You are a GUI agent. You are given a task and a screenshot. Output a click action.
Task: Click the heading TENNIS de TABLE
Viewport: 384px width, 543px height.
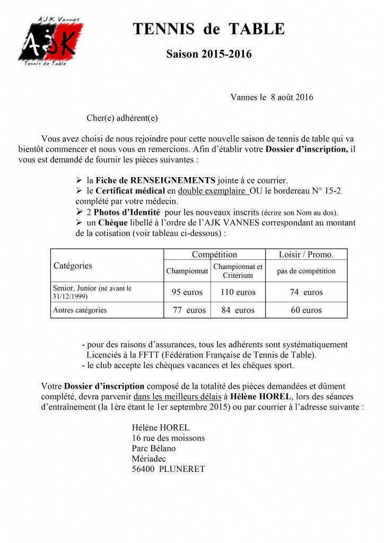pos(208,30)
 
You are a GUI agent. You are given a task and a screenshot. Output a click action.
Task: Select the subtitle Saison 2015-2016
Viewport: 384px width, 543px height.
pos(208,54)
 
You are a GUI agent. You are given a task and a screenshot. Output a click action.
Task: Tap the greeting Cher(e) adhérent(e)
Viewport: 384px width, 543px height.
pos(122,118)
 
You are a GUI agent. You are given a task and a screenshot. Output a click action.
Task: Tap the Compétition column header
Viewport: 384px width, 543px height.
pos(215,255)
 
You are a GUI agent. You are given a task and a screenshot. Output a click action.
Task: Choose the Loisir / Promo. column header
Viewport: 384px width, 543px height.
pos(306,255)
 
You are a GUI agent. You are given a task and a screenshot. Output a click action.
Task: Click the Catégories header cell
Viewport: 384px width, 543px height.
pos(73,265)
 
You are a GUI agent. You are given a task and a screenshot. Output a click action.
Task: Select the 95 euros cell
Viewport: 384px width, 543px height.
pos(187,292)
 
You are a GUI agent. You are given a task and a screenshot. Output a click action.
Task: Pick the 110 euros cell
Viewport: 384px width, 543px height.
pos(237,292)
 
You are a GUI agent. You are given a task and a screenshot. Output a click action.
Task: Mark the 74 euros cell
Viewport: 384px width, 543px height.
pos(306,292)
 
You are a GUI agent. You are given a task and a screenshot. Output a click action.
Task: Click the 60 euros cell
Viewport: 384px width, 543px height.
pos(306,310)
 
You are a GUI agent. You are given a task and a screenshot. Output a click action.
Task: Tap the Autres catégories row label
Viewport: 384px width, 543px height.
pos(80,310)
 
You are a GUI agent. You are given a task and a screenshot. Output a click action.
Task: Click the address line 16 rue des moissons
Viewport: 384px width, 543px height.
pos(168,438)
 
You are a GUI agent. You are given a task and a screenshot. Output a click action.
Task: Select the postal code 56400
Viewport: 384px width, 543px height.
pos(144,469)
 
